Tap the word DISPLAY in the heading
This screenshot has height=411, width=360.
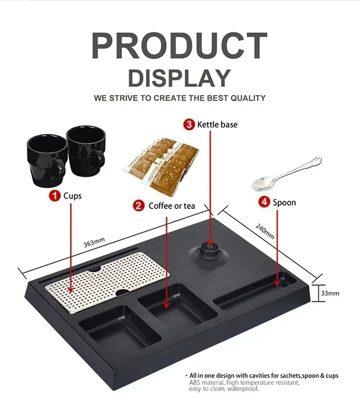(180, 78)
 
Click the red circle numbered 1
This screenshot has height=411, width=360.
(55, 196)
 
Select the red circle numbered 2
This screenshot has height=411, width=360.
(139, 206)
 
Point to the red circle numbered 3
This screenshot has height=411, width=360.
(189, 124)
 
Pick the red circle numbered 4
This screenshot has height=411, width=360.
(264, 202)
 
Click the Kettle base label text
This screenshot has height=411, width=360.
(217, 125)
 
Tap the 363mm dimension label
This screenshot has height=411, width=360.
(94, 242)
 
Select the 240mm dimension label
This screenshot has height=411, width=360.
(265, 231)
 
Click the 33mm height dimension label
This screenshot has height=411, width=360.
(330, 293)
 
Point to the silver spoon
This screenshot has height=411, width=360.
(286, 174)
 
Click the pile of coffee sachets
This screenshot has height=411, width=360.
(161, 165)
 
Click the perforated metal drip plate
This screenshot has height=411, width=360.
(108, 282)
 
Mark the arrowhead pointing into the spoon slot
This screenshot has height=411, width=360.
(277, 283)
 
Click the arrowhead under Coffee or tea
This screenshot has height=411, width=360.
(167, 305)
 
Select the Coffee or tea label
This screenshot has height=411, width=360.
(172, 206)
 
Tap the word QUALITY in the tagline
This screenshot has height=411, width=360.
(248, 98)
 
